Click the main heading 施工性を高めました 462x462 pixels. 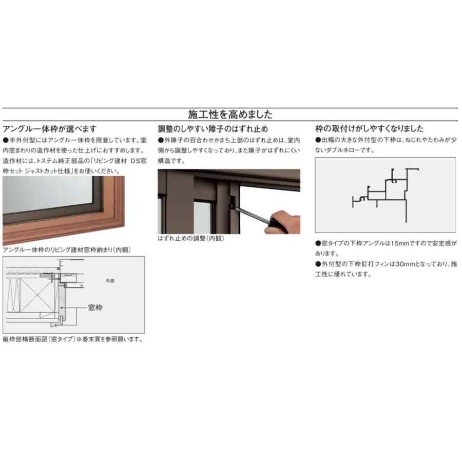(230, 114)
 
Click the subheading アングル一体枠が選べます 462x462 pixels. (49, 129)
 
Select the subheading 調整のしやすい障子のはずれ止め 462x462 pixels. (213, 129)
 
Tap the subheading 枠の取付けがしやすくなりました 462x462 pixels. (369, 129)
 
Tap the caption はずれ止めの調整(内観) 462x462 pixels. (191, 239)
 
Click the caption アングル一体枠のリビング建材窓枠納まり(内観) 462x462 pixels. (67, 250)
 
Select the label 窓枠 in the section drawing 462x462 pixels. (95, 307)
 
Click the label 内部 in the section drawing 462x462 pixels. (110, 281)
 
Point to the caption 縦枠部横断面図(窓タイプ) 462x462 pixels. (38, 339)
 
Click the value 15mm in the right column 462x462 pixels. (398, 245)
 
